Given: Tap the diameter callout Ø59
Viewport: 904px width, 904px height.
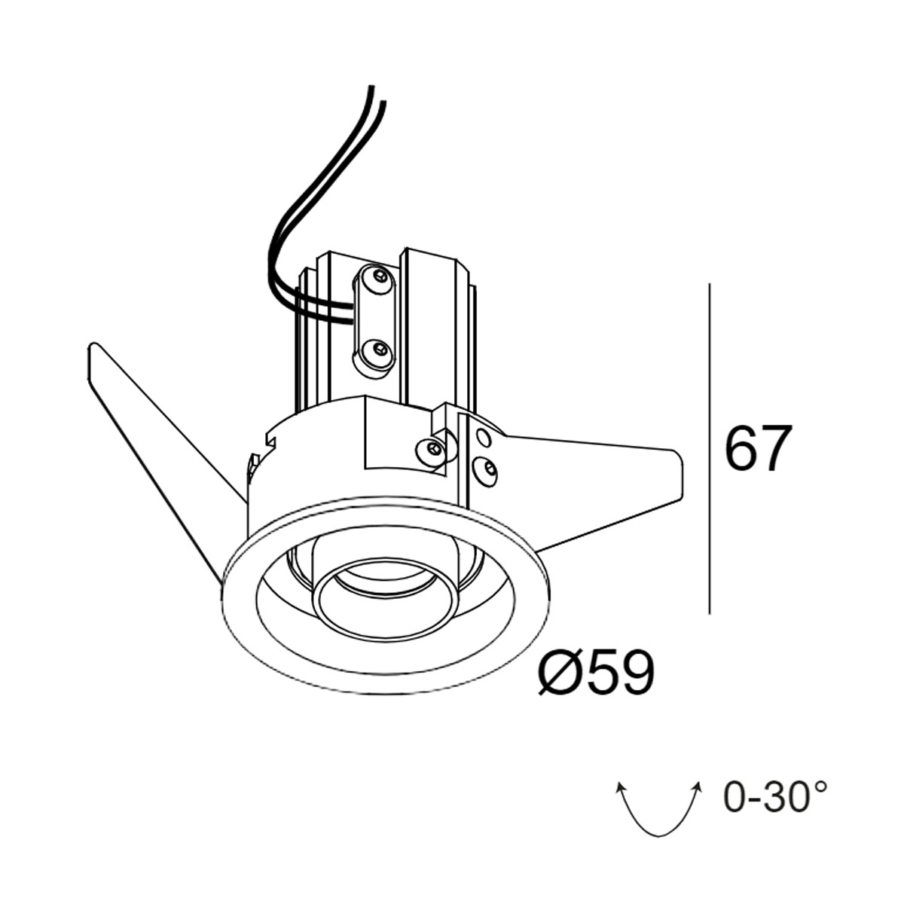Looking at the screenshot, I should click(596, 673).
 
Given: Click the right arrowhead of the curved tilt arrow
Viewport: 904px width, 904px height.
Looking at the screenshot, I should click(698, 787).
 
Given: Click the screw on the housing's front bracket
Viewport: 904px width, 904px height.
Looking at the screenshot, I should click(432, 450).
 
